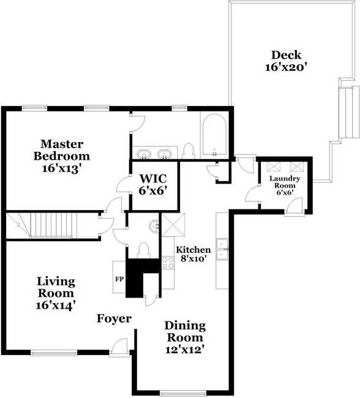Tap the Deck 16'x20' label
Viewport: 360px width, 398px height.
click(286, 61)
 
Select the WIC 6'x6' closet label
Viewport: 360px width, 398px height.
click(153, 184)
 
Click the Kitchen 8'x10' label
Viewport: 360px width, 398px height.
click(193, 254)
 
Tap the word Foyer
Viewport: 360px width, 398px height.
click(114, 318)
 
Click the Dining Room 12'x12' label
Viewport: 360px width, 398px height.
click(186, 337)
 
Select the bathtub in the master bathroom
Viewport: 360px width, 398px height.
click(214, 135)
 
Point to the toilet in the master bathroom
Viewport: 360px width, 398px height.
click(189, 151)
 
